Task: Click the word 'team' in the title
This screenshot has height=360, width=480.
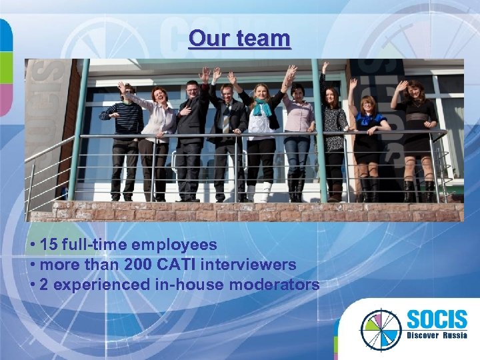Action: pos(265,39)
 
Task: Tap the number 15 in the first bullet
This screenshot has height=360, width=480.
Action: pos(49,245)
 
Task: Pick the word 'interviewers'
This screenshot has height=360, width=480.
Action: pos(248,265)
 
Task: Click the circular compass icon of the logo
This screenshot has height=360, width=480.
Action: pos(381,328)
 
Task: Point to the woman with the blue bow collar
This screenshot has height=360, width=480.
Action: pos(369,133)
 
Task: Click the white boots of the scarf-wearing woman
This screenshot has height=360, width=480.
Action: pos(259,192)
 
